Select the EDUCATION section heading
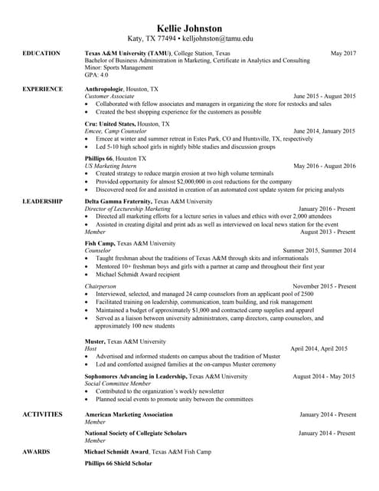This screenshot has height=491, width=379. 42,54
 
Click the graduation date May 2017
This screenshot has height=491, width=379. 342,54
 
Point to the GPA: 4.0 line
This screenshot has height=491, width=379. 96,75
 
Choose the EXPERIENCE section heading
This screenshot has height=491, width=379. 43,89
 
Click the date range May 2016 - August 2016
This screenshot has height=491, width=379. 325,166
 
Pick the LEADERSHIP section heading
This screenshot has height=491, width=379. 43,200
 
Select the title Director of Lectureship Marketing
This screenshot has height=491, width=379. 127,209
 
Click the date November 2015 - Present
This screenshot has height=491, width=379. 324,286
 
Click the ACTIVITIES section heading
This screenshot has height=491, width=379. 43,414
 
